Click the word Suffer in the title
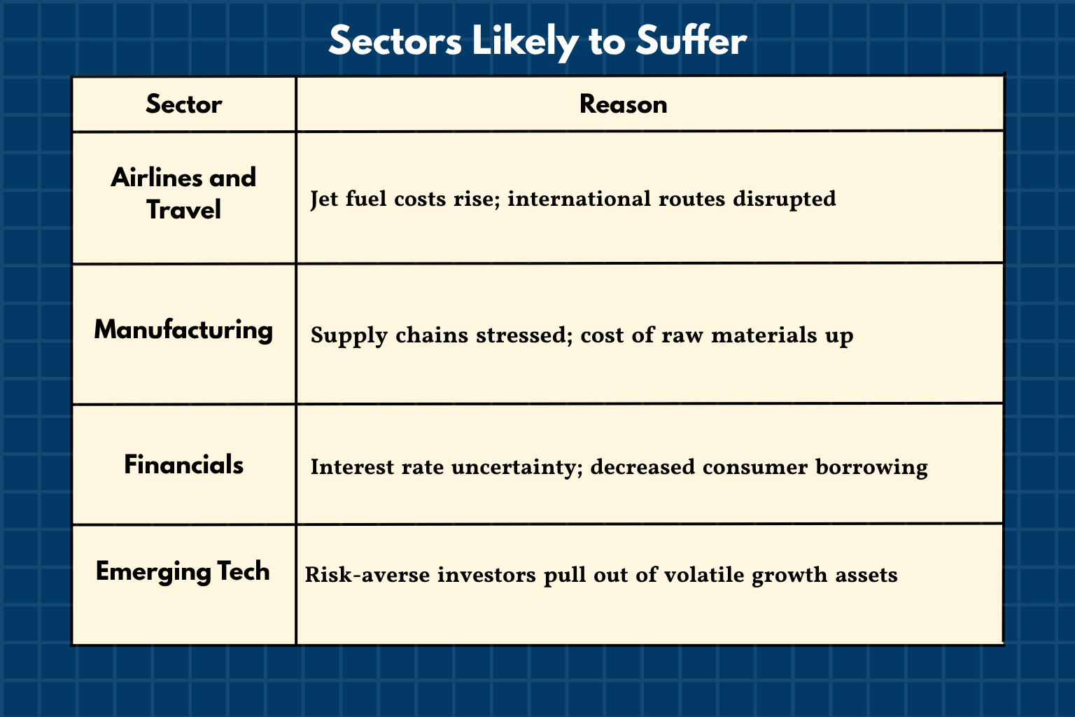691,41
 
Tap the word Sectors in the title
395,41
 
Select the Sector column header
184,104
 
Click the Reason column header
624,104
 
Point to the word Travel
183,209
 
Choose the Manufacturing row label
183,330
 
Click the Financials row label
183,464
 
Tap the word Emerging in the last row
153,571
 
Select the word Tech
244,571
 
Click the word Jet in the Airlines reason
324,199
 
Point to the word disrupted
784,199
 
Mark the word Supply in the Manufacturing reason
349,335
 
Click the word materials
764,335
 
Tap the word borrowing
871,467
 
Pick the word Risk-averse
367,574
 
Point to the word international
579,199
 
